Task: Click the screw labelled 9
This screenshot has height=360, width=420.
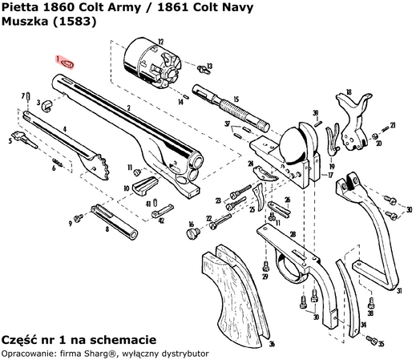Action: tap(79, 217)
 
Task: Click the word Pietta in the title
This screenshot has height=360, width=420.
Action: tap(18, 7)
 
